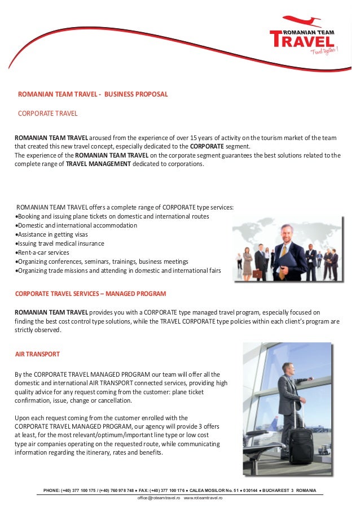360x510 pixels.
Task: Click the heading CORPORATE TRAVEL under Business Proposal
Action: click(48, 114)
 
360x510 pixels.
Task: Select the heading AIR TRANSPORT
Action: click(37, 354)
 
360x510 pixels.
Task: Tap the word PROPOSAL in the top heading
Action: click(151, 94)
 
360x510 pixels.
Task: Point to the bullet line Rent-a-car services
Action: click(43, 252)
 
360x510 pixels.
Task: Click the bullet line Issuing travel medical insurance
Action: click(60, 243)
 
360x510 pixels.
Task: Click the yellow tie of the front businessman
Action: click(283, 250)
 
